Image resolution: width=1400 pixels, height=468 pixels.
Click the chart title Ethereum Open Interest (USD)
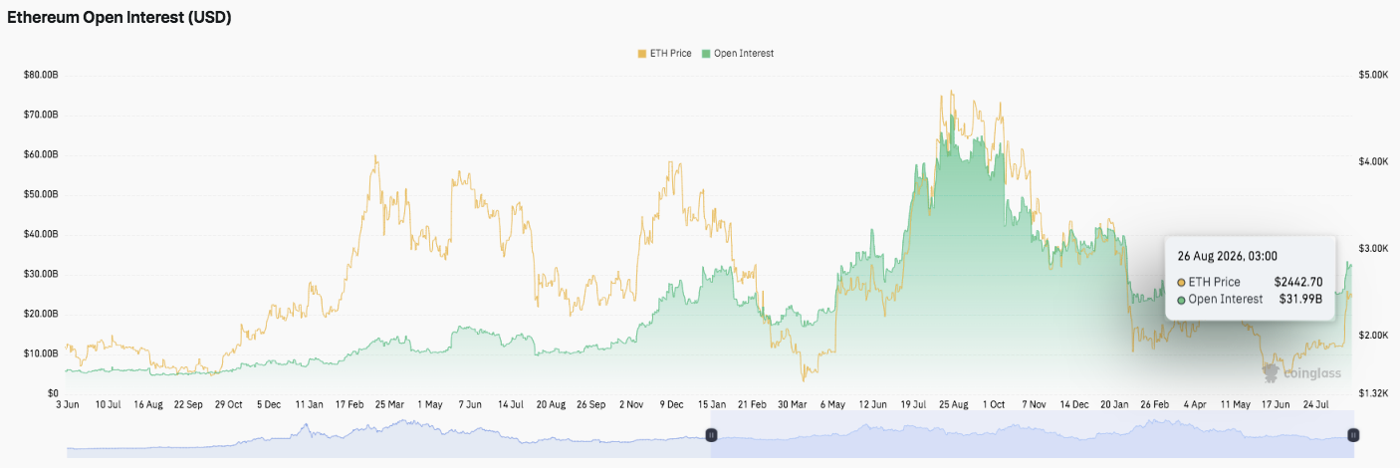pos(118,18)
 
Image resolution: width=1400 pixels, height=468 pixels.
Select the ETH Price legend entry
pos(664,54)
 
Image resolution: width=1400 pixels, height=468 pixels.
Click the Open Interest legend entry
pos(738,54)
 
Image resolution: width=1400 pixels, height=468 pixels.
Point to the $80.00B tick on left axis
pos(41,75)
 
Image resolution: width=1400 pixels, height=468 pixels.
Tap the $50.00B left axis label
pos(41,194)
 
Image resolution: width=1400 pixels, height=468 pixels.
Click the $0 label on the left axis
pos(53,393)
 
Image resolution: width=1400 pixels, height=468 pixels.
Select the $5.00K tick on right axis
pos(1373,75)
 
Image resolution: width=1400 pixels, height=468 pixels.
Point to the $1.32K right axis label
pos(1373,393)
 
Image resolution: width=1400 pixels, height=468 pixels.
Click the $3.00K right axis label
pos(1373,249)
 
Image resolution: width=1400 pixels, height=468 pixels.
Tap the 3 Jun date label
pos(68,405)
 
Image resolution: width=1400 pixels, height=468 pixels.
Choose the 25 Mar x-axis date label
pos(389,405)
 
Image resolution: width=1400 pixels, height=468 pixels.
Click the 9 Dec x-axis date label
pos(671,405)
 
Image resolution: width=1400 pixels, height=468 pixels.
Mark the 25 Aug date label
pos(953,405)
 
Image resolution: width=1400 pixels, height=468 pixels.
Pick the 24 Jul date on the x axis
pos(1315,405)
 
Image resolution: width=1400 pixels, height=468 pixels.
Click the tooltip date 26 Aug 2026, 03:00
pos(1228,256)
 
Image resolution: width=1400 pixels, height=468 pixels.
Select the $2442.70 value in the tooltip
pos(1298,282)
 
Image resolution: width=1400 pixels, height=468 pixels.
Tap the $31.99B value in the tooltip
pos(1300,300)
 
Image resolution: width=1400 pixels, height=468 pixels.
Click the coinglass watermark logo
pos(1301,373)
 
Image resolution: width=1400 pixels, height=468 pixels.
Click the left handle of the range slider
pos(711,435)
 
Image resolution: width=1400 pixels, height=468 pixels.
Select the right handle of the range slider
pos(1353,435)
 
